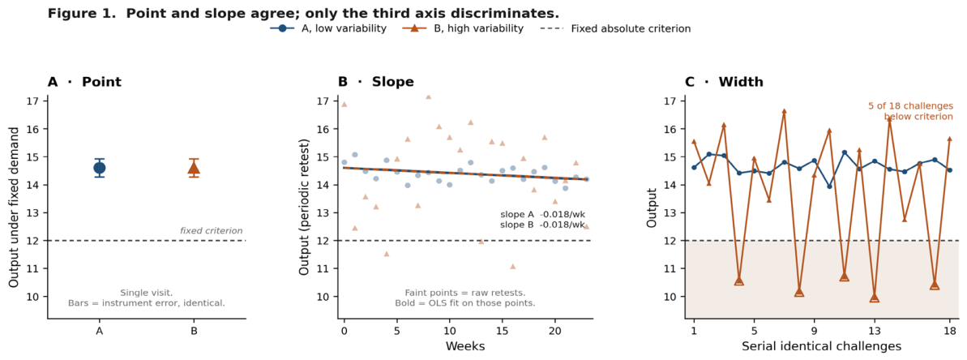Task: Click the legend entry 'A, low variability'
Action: pos(328,28)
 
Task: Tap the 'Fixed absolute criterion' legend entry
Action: pos(617,28)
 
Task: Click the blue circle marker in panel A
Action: pos(99,168)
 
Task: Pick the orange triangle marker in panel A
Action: pos(195,168)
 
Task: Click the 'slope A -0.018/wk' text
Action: pos(542,215)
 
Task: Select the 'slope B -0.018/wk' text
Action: pos(542,225)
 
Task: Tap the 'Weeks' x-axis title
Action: pos(465,346)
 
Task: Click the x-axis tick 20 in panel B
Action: pos(555,331)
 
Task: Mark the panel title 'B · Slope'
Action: pos(375,81)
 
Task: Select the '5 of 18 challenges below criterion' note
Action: pos(911,111)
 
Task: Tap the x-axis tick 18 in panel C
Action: pos(949,331)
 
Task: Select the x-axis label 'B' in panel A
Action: pos(195,331)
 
